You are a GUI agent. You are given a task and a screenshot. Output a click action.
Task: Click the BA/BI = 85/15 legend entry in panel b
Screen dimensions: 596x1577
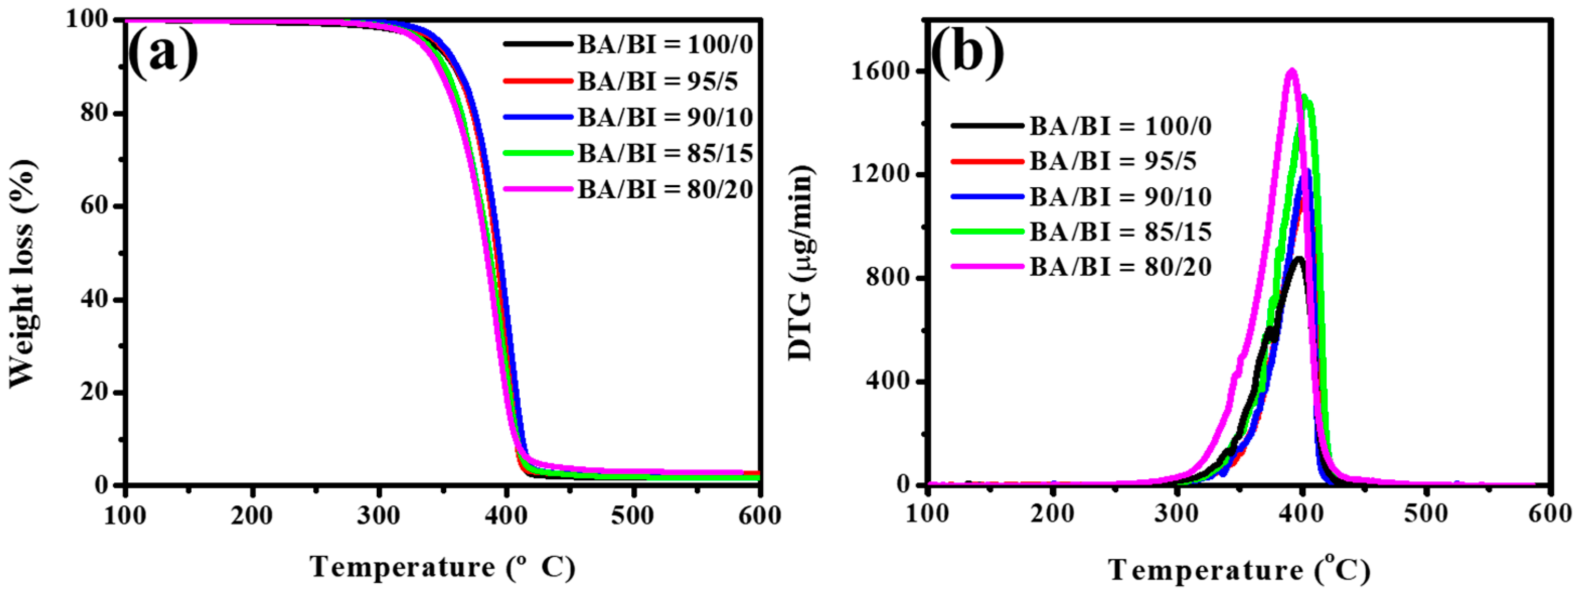(1120, 232)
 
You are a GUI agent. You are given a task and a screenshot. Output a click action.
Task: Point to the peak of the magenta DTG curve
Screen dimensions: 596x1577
(1292, 71)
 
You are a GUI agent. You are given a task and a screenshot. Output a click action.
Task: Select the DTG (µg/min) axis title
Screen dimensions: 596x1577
(801, 263)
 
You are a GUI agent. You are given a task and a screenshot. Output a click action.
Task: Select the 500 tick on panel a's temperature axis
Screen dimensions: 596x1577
(632, 515)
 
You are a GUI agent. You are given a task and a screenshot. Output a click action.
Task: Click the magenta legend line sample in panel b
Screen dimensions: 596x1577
(987, 266)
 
